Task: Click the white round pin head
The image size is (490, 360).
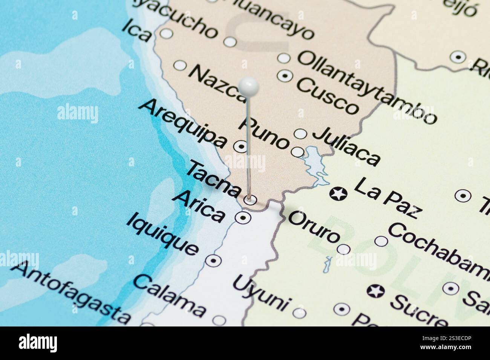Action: [249, 87]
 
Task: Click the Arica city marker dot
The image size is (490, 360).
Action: [243, 217]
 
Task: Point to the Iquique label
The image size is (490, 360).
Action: [162, 234]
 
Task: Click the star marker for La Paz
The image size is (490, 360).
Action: [338, 194]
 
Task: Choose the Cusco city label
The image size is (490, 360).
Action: [327, 96]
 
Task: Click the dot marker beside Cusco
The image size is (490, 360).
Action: [285, 76]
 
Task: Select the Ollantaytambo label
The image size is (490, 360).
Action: [367, 86]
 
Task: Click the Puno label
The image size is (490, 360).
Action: [266, 133]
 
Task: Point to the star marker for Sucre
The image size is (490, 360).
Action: [376, 291]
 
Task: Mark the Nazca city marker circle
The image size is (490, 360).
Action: [180, 66]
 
